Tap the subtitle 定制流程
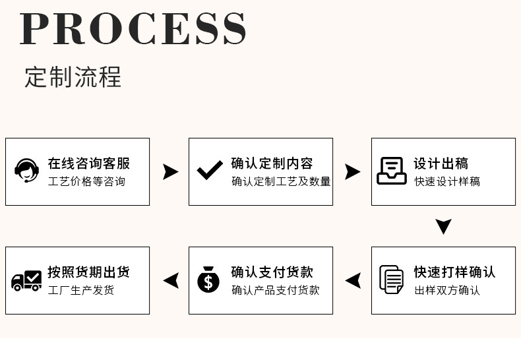[x=73, y=77]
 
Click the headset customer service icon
[x=26, y=171]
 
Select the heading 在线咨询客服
[x=89, y=164]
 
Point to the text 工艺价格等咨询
[x=86, y=181]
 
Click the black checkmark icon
[x=210, y=171]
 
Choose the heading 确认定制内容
[x=272, y=164]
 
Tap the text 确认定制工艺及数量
[x=281, y=181]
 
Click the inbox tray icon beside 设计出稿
[x=392, y=171]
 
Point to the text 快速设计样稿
[x=447, y=181]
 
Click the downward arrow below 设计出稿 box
[x=443, y=226]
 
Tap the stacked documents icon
[x=392, y=280]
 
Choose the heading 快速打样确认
[x=454, y=272]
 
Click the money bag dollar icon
[x=209, y=280]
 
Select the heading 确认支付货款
[x=272, y=272]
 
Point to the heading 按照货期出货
[x=89, y=272]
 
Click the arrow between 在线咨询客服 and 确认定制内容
[x=170, y=171]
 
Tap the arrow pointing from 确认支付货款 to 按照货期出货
[x=171, y=280]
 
